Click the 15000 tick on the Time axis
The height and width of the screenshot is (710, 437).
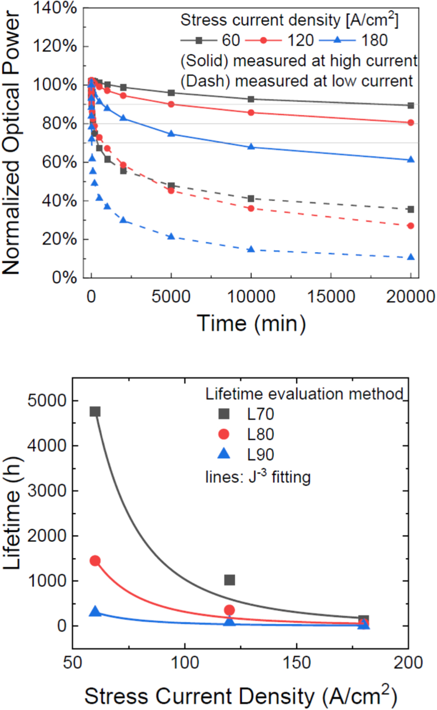(x=331, y=296)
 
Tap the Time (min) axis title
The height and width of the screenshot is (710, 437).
(x=251, y=324)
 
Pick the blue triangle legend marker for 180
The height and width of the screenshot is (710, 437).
(x=337, y=40)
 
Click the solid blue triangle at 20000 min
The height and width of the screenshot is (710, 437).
(x=411, y=160)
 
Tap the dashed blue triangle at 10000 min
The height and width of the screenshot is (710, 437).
(x=251, y=249)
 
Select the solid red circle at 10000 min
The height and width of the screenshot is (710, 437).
(x=251, y=112)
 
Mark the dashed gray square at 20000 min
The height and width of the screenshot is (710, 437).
(x=411, y=209)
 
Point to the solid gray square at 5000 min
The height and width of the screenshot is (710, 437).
(x=171, y=93)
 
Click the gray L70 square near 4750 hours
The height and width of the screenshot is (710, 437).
(x=95, y=411)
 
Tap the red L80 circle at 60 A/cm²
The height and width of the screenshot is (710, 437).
(x=95, y=560)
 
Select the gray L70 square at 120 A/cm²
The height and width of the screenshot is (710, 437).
(x=229, y=580)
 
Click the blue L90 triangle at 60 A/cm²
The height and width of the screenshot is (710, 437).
(x=95, y=612)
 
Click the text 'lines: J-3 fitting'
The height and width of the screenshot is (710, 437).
(x=258, y=477)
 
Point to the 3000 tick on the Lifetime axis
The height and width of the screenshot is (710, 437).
(x=46, y=491)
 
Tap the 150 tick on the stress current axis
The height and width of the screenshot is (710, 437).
(x=297, y=663)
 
